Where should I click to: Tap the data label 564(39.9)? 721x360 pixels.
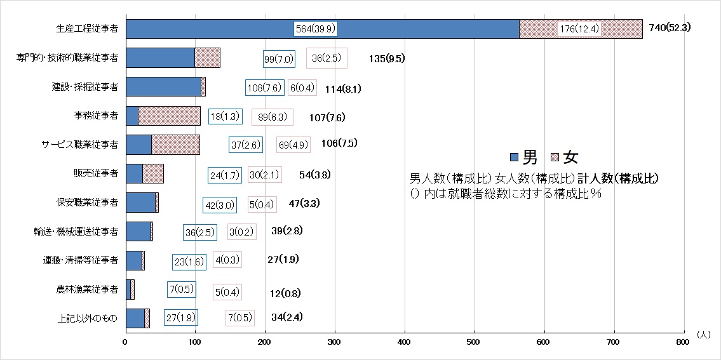click(x=316, y=29)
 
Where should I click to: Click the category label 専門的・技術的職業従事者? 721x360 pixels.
click(x=67, y=58)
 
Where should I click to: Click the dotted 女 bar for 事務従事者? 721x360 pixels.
click(x=169, y=116)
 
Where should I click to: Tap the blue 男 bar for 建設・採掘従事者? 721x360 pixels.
click(x=164, y=87)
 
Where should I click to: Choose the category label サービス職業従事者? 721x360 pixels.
click(x=77, y=145)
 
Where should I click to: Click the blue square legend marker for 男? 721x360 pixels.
click(x=515, y=157)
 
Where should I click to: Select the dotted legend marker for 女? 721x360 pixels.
click(x=555, y=157)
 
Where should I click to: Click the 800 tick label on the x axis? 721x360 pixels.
click(x=684, y=342)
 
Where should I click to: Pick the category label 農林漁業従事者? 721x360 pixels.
click(x=86, y=290)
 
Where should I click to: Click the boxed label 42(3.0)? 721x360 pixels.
click(x=220, y=205)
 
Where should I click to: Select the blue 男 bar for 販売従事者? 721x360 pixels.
click(x=134, y=173)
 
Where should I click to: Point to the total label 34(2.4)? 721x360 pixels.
click(x=286, y=317)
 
